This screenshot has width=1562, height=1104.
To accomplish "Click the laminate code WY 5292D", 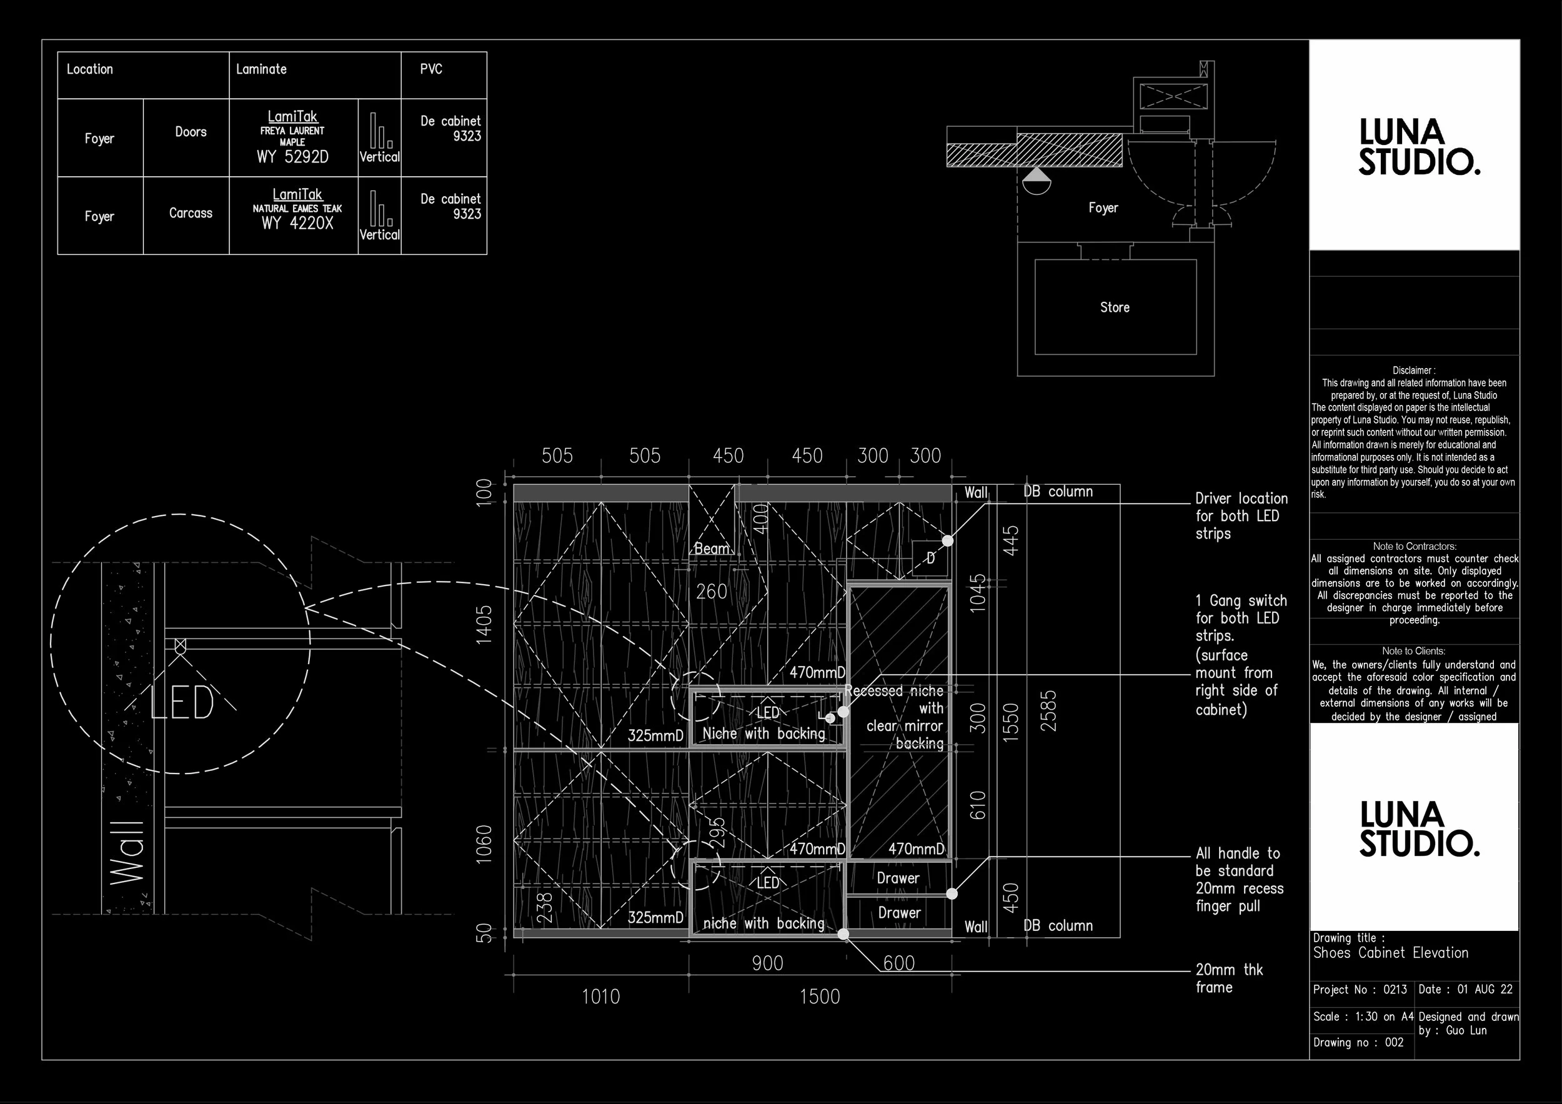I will pyautogui.click(x=292, y=157).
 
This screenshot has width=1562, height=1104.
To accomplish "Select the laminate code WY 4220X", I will pyautogui.click(x=297, y=223).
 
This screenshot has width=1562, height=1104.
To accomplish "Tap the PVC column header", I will pyautogui.click(x=431, y=69).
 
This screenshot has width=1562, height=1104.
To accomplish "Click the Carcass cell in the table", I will pyautogui.click(x=191, y=214).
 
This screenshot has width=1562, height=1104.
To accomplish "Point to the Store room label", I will pyautogui.click(x=1115, y=307).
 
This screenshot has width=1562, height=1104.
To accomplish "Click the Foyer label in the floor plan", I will pyautogui.click(x=1103, y=208).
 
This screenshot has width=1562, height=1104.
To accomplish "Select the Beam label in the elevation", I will pyautogui.click(x=712, y=549).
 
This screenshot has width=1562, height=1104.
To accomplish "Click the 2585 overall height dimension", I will pyautogui.click(x=1050, y=711).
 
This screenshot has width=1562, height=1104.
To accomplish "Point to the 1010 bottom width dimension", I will pyautogui.click(x=600, y=997).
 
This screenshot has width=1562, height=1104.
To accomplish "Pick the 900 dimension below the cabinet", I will pyautogui.click(x=767, y=964).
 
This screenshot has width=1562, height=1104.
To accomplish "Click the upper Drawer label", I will pyautogui.click(x=898, y=879).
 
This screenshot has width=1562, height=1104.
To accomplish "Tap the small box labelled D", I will pyautogui.click(x=929, y=559).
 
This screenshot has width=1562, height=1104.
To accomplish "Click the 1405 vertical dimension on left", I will pyautogui.click(x=484, y=624).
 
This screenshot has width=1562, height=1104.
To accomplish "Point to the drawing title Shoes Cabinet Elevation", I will pyautogui.click(x=1391, y=953).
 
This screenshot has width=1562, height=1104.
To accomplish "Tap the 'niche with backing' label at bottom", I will pyautogui.click(x=764, y=923).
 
